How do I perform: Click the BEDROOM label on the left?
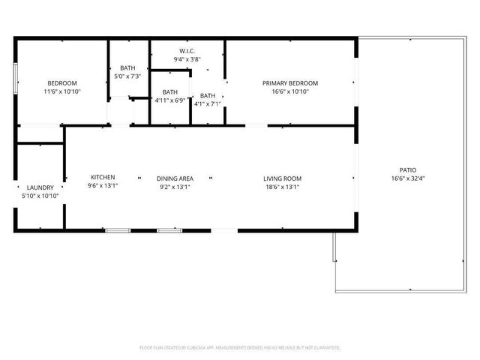point(62,83)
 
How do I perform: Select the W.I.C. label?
point(187,51)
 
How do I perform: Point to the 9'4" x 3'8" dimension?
point(187,59)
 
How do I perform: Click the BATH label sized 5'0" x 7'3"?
point(127,68)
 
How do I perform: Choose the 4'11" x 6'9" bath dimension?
point(169,100)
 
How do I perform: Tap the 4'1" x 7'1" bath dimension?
point(207,104)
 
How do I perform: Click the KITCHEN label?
point(103,177)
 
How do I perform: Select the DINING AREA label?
point(175,178)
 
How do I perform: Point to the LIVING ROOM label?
point(282,178)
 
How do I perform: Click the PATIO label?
point(407,170)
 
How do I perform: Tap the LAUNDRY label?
point(40,187)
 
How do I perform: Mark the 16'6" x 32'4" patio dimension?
point(407,178)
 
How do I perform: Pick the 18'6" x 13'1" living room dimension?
point(282,187)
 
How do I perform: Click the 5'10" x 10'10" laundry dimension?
point(40,196)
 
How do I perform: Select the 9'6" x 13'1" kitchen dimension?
point(103,186)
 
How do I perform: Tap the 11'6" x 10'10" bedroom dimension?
point(62,91)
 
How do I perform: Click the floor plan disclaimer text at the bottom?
point(240,347)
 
